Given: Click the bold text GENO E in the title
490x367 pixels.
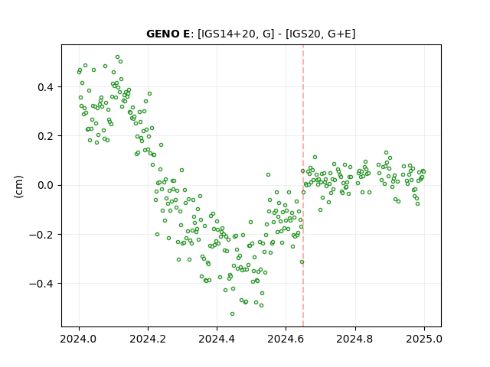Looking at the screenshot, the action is tap(168, 34).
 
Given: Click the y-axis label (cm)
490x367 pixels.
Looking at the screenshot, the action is tap(18, 187).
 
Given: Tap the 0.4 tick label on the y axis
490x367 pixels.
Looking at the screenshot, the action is tap(45, 87).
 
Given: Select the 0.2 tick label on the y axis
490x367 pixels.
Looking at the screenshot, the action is tap(45, 136).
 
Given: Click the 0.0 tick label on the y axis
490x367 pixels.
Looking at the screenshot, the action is tap(45, 185).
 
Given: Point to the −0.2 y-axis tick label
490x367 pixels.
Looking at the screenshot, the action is tap(41, 235).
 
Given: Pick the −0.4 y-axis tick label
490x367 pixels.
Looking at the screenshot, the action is tap(41, 284).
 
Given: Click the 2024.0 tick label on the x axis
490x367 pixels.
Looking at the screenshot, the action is tap(79, 339).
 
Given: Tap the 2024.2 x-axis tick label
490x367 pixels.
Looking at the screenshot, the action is tap(148, 339).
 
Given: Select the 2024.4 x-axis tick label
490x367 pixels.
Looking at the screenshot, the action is tap(217, 339).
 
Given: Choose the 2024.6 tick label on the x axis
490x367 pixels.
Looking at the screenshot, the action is tap(286, 339).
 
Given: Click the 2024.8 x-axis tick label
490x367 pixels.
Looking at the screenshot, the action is tap(355, 339).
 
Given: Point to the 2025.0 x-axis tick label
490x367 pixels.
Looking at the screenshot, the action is tap(424, 339).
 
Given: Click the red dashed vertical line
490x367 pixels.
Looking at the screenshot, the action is tap(303, 186).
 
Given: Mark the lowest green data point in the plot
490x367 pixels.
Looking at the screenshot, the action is tap(232, 313).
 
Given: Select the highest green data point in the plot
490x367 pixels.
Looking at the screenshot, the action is tap(117, 57).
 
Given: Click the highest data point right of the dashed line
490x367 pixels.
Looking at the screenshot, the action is tap(386, 153).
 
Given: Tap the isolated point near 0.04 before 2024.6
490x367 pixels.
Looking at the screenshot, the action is tap(268, 175).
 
